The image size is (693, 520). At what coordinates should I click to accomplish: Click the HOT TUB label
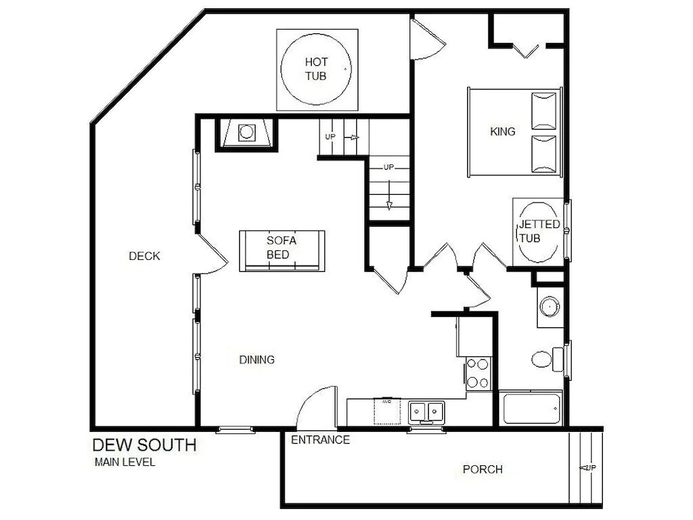[x=315, y=69]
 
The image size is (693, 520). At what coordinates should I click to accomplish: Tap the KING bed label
[x=502, y=131]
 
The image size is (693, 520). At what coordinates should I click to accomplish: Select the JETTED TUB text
[x=538, y=231]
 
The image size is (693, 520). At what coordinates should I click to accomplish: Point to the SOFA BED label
[x=281, y=248]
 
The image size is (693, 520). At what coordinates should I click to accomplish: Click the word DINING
[x=257, y=359]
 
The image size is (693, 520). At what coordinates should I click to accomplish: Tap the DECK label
[x=144, y=256]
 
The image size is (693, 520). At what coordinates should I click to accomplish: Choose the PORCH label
[x=482, y=469]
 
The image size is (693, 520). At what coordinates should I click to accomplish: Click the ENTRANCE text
[x=320, y=440]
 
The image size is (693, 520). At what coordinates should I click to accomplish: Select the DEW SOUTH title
[x=145, y=445]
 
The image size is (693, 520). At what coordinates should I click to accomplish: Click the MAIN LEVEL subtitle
[x=125, y=462]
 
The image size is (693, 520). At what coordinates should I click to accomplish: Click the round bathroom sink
[x=550, y=306]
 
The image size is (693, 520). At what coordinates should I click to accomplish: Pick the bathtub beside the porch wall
[x=532, y=408]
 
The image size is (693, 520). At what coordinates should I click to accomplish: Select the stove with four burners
[x=478, y=373]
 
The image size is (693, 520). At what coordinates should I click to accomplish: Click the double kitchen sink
[x=426, y=412]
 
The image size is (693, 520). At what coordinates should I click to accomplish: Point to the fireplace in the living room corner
[x=247, y=132]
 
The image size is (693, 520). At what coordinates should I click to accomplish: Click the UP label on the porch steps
[x=590, y=467]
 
